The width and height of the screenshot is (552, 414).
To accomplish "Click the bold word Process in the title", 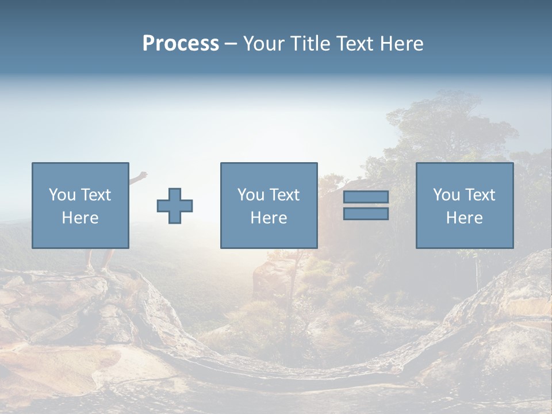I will (x=181, y=44).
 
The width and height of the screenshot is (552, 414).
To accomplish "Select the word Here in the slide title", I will (x=401, y=44).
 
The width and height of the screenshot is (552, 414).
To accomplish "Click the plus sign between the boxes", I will (x=175, y=206).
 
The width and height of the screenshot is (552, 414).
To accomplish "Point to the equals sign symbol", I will (x=366, y=205).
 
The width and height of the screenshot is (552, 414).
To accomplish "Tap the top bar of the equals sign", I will (x=366, y=197).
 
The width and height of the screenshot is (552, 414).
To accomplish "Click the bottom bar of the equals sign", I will (x=366, y=213).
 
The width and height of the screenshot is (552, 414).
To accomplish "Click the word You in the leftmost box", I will (x=62, y=195).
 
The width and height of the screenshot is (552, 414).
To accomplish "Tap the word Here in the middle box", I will (x=269, y=218).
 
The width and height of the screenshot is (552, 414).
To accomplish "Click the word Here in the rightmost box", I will (x=465, y=218).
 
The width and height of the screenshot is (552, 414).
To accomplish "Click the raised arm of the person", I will (x=138, y=177).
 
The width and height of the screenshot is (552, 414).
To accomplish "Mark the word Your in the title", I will (x=262, y=44).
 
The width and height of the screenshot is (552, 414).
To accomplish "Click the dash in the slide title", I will (x=231, y=44).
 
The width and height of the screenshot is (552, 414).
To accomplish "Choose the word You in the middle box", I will (x=251, y=195).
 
